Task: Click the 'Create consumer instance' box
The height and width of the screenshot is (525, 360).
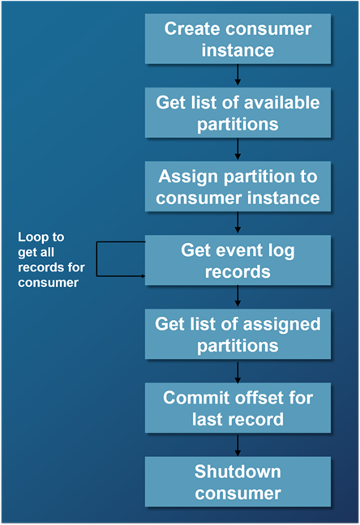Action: [238, 39]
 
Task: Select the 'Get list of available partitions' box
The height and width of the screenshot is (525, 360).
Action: [238, 113]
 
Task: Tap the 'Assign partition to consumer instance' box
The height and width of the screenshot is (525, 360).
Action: [238, 186]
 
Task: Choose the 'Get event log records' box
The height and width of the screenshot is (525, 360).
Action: [238, 260]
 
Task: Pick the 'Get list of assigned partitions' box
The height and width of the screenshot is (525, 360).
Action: [238, 335]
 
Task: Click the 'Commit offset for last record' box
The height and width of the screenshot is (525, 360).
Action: [238, 408]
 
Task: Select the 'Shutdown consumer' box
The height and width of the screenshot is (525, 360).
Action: [238, 482]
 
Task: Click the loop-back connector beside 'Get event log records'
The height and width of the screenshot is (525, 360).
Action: [97, 259]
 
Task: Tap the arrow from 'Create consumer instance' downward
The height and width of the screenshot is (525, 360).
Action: [238, 75]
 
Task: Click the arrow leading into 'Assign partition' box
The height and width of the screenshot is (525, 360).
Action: [238, 149]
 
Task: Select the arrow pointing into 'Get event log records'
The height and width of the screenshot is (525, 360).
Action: [238, 224]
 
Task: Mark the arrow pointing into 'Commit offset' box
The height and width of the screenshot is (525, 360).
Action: [238, 371]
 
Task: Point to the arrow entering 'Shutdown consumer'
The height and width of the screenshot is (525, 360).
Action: [238, 445]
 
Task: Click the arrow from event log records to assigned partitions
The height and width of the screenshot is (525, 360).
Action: [238, 297]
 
